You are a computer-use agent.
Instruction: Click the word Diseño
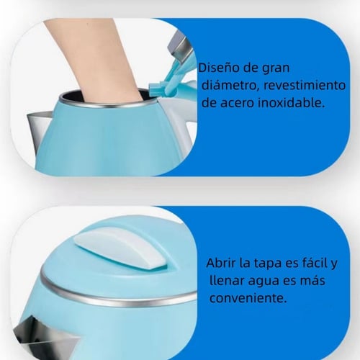[x=219, y=68]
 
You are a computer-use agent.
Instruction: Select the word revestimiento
[x=305, y=85]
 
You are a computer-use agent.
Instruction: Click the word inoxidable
[x=292, y=102]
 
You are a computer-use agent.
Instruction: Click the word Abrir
[x=221, y=263]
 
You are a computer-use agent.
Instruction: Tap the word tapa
[x=268, y=264]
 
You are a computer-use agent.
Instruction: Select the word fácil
[x=311, y=263]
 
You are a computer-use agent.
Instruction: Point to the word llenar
[x=227, y=280]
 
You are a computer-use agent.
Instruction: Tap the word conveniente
[x=248, y=298]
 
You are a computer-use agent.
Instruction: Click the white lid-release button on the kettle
[x=121, y=250]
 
